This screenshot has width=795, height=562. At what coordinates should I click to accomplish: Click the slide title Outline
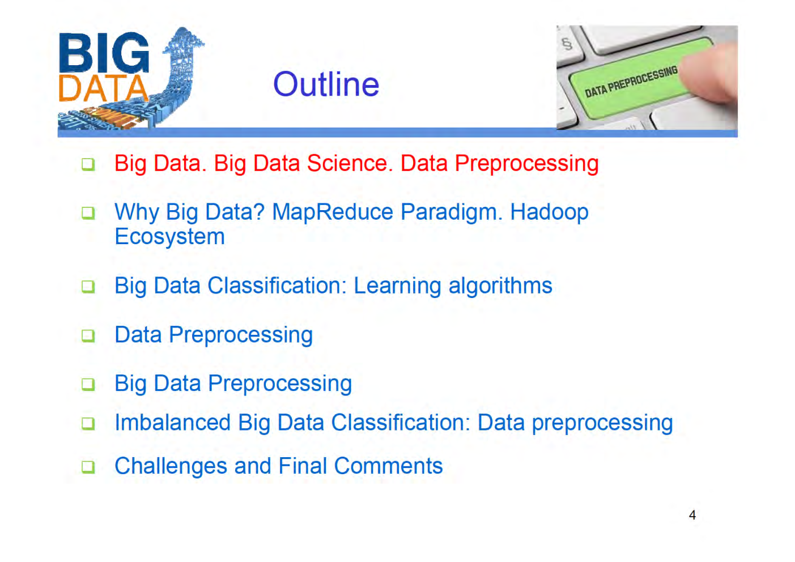(x=326, y=85)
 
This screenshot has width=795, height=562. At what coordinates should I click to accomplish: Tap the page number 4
(x=692, y=515)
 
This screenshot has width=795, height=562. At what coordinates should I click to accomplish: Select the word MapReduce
(x=333, y=212)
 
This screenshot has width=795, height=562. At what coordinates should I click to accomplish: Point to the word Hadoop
(x=549, y=212)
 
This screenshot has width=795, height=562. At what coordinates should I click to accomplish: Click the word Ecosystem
(x=169, y=237)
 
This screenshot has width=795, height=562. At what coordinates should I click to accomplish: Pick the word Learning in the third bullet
(x=397, y=286)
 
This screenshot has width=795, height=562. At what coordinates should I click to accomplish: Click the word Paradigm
(x=451, y=213)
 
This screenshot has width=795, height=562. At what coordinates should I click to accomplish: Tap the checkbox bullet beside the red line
(x=88, y=164)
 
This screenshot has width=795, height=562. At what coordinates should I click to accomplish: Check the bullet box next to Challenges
(x=88, y=467)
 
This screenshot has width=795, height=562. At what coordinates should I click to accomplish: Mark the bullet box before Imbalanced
(x=88, y=423)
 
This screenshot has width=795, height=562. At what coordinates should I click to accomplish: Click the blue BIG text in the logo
(x=104, y=53)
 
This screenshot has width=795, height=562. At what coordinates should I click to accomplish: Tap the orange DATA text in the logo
(x=103, y=89)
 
